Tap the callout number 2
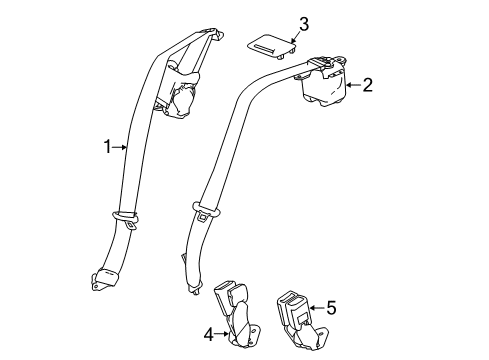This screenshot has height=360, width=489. (x=367, y=86)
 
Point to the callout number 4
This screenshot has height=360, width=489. (x=209, y=334)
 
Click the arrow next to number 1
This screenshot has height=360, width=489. (x=121, y=149)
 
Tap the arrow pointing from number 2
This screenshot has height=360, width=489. (x=352, y=87)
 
